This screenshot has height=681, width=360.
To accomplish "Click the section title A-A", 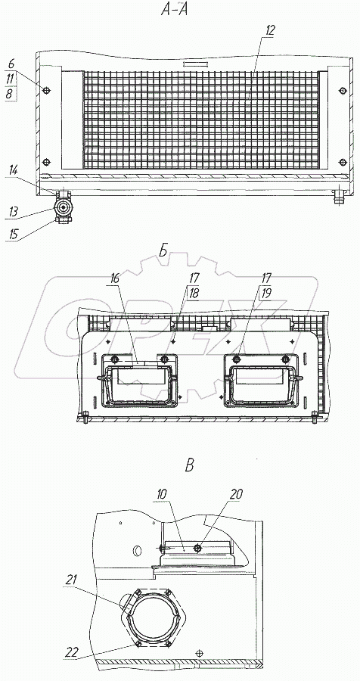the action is click(174, 11).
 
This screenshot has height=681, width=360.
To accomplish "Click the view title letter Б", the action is click(163, 251).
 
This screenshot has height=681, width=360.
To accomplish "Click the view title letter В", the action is click(189, 465).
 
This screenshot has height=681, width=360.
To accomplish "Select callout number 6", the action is click(11, 64).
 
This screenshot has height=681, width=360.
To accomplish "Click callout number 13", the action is click(12, 212).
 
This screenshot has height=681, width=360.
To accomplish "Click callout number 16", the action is click(113, 280).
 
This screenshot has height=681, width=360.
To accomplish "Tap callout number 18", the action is click(194, 293).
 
